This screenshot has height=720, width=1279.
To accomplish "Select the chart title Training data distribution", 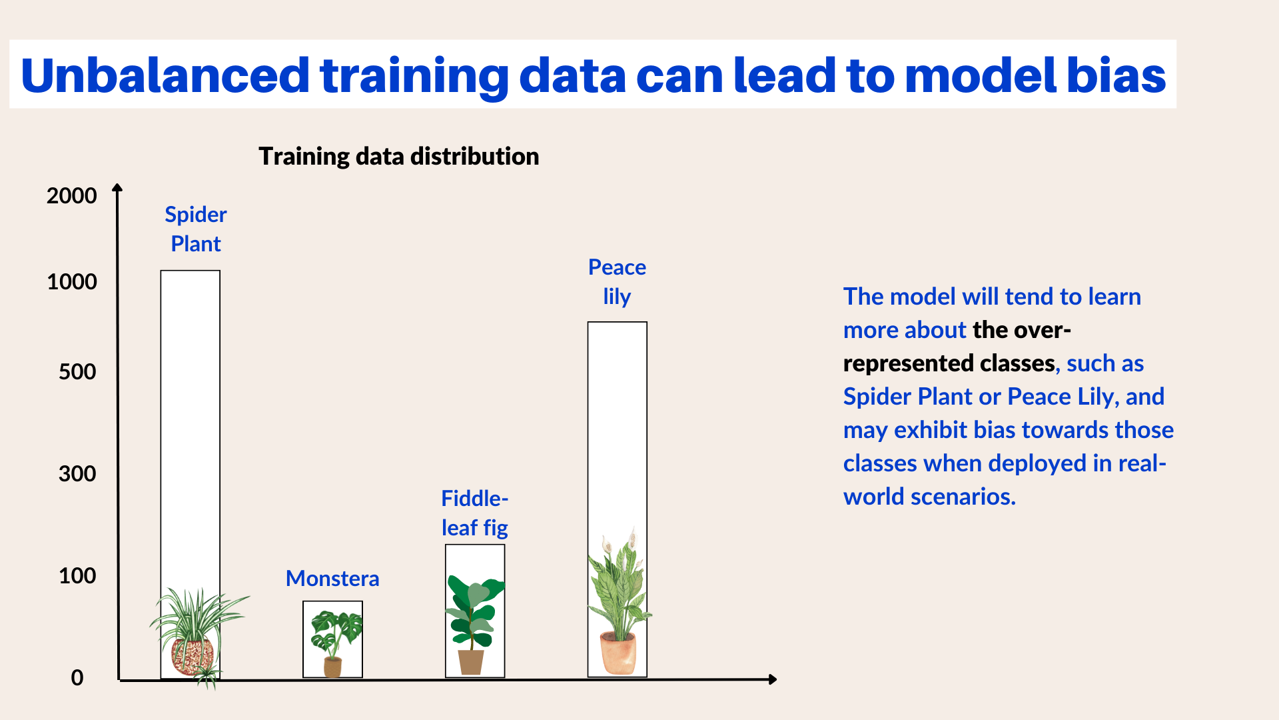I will [398, 156].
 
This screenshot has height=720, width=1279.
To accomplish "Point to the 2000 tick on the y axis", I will [71, 196].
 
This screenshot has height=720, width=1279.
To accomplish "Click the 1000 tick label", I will [71, 282].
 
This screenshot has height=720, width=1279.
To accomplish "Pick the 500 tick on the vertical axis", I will [77, 372].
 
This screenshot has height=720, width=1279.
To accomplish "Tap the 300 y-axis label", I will [77, 474].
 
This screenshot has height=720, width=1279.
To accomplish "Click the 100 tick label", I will [77, 576].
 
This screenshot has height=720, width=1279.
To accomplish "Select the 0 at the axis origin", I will [77, 678].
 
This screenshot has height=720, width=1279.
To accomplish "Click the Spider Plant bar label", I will [195, 229].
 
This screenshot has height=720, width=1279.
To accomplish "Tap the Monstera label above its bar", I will [332, 578].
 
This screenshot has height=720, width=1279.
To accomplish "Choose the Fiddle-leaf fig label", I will [474, 513].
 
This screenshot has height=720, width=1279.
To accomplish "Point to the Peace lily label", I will [617, 281].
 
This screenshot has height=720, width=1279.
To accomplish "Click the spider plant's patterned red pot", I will [193, 656].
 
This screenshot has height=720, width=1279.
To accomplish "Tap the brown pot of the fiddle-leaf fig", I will [471, 662].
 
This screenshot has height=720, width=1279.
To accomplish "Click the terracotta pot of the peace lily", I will [618, 655].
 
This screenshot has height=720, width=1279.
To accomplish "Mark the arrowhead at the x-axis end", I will [772, 679].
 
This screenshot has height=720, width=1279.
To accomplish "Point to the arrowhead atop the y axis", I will [117, 188].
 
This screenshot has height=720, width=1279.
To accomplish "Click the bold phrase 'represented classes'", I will [949, 363].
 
